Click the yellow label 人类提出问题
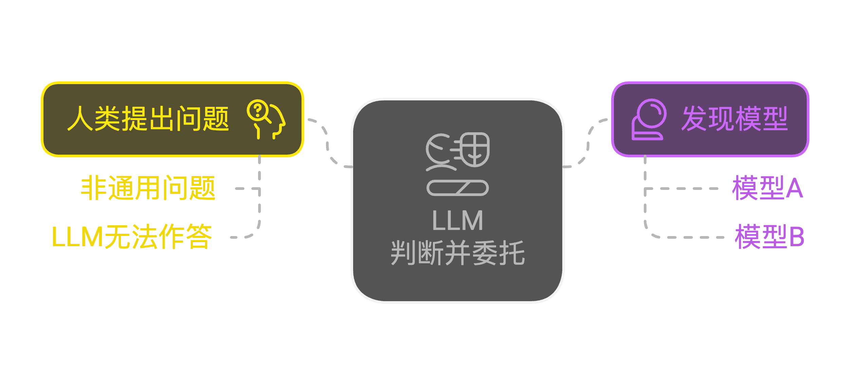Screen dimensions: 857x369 click(x=148, y=119)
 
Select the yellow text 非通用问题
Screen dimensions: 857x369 click(x=148, y=188)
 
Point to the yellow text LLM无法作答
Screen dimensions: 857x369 click(x=132, y=237)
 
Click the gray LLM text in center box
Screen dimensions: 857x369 click(x=457, y=221)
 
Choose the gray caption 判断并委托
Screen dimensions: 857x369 click(x=457, y=253)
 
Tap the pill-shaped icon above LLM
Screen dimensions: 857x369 click(x=457, y=188)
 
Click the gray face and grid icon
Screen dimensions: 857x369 click(x=457, y=151)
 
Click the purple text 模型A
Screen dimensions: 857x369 click(x=767, y=188)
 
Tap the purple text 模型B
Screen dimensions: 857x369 click(x=769, y=237)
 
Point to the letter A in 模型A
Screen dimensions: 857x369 click(x=795, y=188)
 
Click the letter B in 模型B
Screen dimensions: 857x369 click(x=797, y=237)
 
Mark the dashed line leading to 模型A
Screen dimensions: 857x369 click(x=682, y=189)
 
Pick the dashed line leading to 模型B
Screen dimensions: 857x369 click(x=689, y=237)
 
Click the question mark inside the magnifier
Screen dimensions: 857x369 click(x=258, y=110)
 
